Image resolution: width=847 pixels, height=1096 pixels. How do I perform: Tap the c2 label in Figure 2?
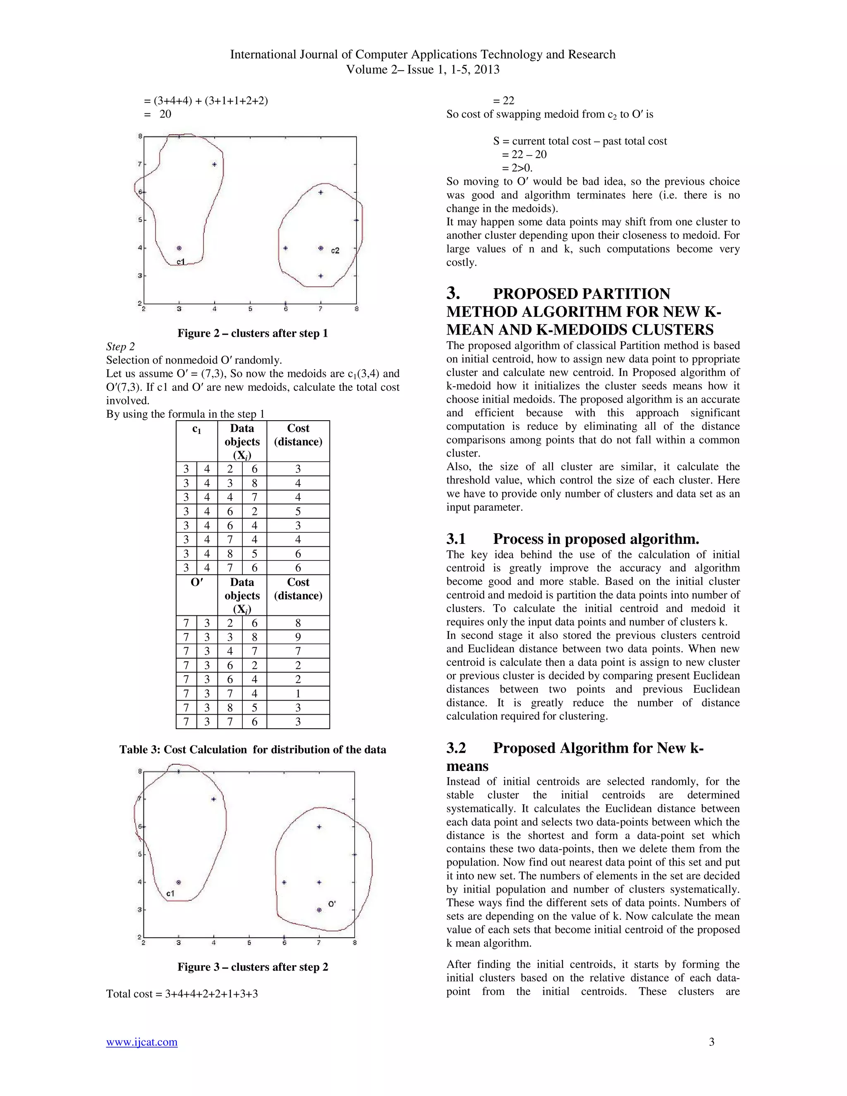(x=335, y=250)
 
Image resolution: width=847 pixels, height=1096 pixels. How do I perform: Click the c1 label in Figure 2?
(x=181, y=261)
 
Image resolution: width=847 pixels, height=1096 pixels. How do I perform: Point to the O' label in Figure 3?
(x=332, y=904)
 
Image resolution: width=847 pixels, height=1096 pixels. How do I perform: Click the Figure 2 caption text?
(x=252, y=333)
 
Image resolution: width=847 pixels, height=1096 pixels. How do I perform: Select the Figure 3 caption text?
(x=252, y=967)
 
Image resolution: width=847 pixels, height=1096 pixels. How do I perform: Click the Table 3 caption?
(x=252, y=749)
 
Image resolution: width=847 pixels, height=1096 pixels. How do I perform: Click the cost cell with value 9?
(x=298, y=637)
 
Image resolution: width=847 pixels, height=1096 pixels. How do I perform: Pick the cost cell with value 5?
(x=298, y=511)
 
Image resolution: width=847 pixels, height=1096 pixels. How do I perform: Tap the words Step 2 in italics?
(x=120, y=347)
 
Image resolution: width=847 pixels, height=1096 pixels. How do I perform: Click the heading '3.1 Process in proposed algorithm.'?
(x=572, y=538)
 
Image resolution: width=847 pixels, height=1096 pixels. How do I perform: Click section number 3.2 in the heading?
(x=456, y=748)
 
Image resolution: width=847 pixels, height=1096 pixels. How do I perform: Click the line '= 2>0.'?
(x=517, y=168)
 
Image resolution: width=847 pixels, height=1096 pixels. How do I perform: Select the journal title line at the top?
(x=423, y=54)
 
